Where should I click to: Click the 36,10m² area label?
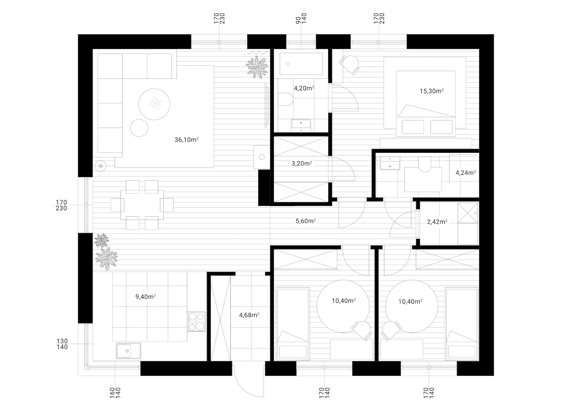pos(186,140)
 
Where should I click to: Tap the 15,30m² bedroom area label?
pos(432,91)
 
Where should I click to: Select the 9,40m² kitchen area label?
pos(146,297)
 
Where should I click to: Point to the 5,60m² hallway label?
pos(306,221)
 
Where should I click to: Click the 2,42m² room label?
pos(437,222)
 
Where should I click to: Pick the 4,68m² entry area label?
pos(249,315)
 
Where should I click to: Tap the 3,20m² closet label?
pos(301,163)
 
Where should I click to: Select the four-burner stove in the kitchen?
pos(196,321)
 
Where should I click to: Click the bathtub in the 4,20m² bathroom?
pos(301,64)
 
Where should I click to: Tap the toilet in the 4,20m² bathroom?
pos(286,99)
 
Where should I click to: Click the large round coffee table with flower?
pos(154,104)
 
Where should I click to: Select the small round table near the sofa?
pos(139,128)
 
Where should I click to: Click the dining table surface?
pos(142,205)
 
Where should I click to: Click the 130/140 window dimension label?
pos(62,344)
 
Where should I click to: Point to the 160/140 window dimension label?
pos(115,393)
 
